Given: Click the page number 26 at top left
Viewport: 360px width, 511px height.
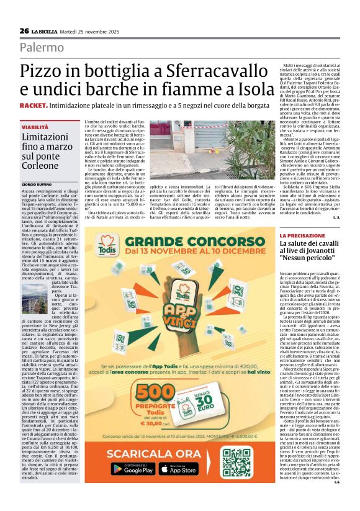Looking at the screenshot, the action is [24, 31].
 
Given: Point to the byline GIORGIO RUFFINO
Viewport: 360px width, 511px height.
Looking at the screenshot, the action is [37, 185].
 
